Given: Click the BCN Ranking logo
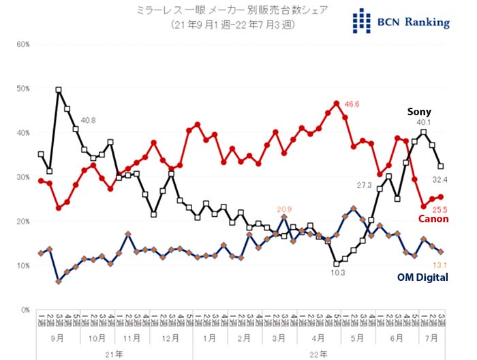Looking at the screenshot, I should (401, 21).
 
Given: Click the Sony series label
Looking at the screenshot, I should (420, 112).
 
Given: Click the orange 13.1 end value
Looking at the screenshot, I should (441, 265).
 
